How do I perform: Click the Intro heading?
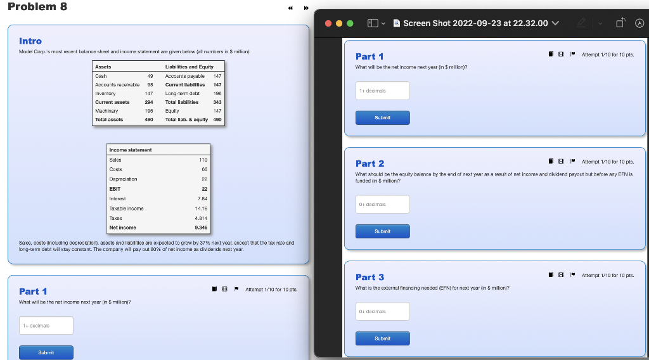tap(30, 41)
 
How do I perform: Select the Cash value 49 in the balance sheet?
tap(150, 75)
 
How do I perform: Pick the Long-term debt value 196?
tap(217, 93)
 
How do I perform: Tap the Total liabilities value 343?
tap(217, 102)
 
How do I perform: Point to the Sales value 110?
tap(203, 160)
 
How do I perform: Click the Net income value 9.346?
tap(200, 228)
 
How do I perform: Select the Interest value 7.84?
tap(202, 198)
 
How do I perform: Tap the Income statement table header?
tap(131, 150)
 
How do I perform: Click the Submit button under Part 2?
tap(382, 231)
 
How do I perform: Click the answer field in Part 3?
tap(382, 311)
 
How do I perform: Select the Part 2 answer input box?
tap(382, 204)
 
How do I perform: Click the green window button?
tap(350, 23)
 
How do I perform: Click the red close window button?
tap(328, 23)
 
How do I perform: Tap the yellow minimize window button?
tap(339, 23)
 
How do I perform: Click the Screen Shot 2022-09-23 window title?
tap(475, 23)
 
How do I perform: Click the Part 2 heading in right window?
tap(369, 164)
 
